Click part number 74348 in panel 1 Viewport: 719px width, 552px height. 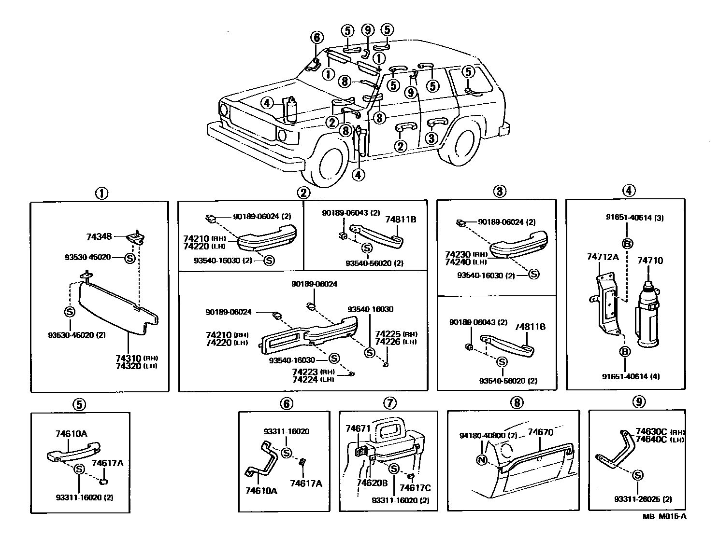coord(99,237)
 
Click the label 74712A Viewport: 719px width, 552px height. coord(603,257)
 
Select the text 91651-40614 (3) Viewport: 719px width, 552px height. coord(634,218)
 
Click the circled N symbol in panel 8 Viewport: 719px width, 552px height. coord(481,460)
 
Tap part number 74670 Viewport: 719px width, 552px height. coord(540,432)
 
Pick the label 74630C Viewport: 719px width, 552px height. coord(651,431)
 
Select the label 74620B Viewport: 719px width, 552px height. coord(372,483)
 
